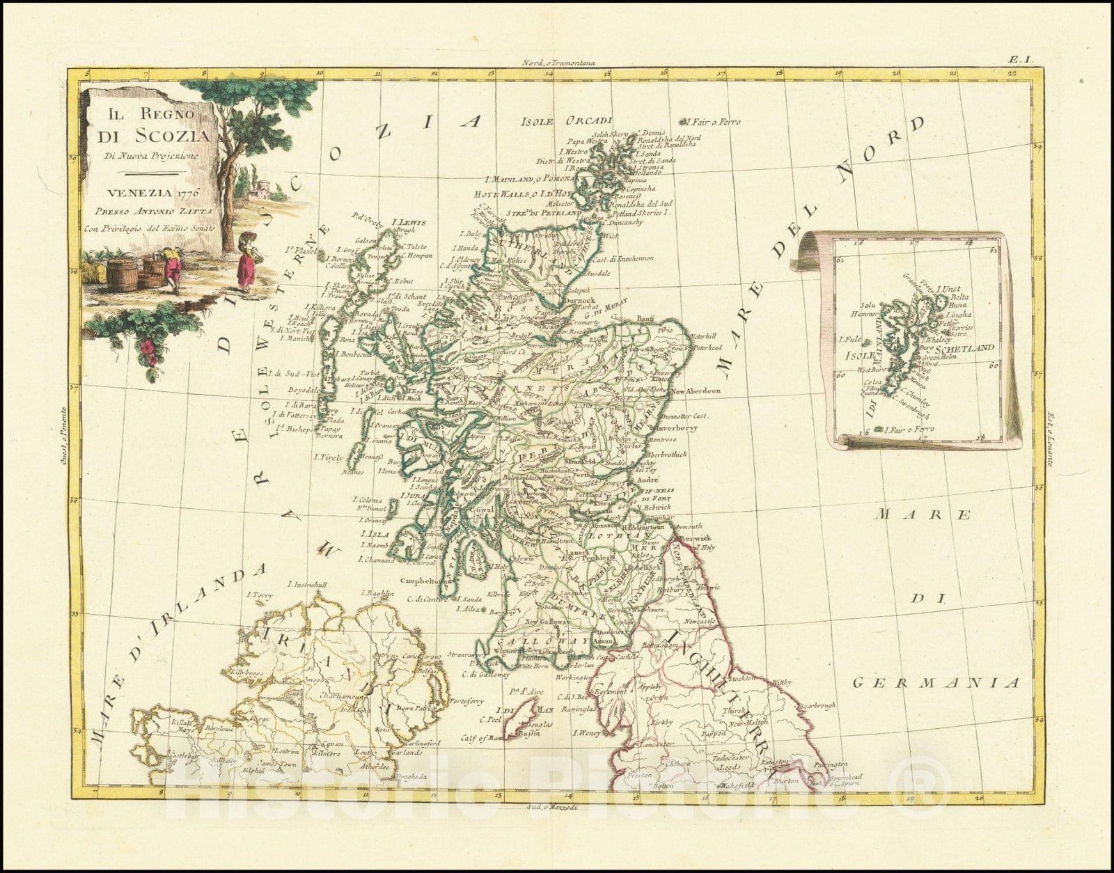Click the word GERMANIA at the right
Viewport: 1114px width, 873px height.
pyautogui.click(x=936, y=683)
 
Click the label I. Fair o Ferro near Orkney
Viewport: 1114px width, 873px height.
pyautogui.click(x=714, y=122)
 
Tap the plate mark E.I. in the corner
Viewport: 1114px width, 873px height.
pyautogui.click(x=1021, y=61)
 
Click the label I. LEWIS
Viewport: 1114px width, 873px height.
pyautogui.click(x=410, y=223)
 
